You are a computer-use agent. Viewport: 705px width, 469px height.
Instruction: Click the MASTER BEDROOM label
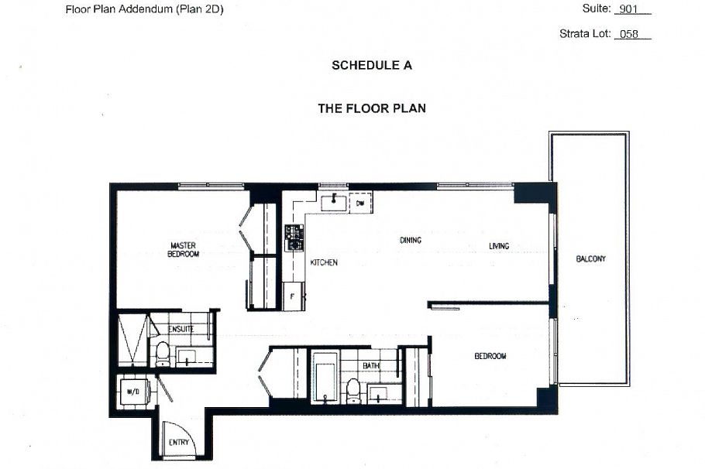point(185,249)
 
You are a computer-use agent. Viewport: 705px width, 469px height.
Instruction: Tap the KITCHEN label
point(324,262)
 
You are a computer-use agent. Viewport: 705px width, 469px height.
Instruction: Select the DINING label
point(411,240)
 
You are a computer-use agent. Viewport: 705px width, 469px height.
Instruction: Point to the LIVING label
point(498,247)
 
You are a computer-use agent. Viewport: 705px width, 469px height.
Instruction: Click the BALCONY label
point(590,258)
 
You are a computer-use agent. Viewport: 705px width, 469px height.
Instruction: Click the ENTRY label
point(178,443)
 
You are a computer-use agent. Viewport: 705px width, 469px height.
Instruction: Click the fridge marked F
point(293,296)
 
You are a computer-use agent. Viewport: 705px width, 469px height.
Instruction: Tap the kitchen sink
point(335,203)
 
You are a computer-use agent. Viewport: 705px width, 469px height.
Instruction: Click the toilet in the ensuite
point(163,354)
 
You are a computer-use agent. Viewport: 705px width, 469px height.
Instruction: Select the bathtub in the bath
point(323,377)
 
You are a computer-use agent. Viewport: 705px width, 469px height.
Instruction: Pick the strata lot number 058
point(631,34)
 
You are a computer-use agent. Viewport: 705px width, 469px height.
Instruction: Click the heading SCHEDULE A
point(371,66)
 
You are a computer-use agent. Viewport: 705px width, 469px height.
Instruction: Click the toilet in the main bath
point(353,391)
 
